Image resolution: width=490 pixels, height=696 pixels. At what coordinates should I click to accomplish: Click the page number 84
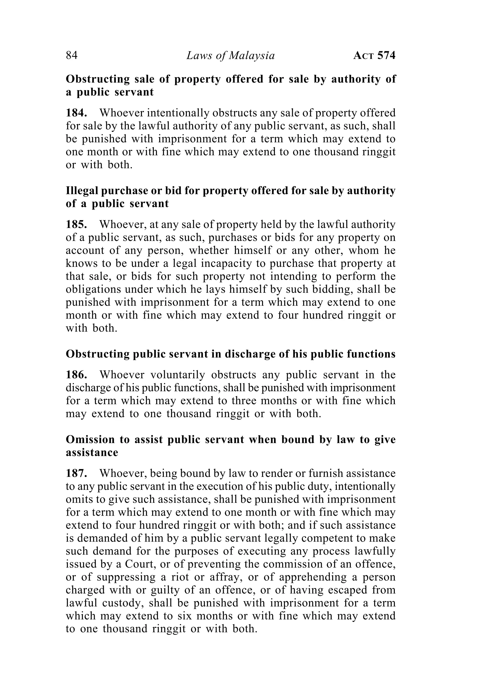pos(72,55)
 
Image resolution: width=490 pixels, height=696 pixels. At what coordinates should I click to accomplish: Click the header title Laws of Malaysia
pos(230,55)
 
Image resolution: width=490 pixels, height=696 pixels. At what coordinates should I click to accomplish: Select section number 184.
pos(76,113)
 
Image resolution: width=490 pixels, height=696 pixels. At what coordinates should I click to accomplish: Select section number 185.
pos(76,224)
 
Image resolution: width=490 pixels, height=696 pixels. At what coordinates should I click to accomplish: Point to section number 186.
pos(76,375)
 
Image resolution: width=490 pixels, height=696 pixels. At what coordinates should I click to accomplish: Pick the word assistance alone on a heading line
pos(92,452)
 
